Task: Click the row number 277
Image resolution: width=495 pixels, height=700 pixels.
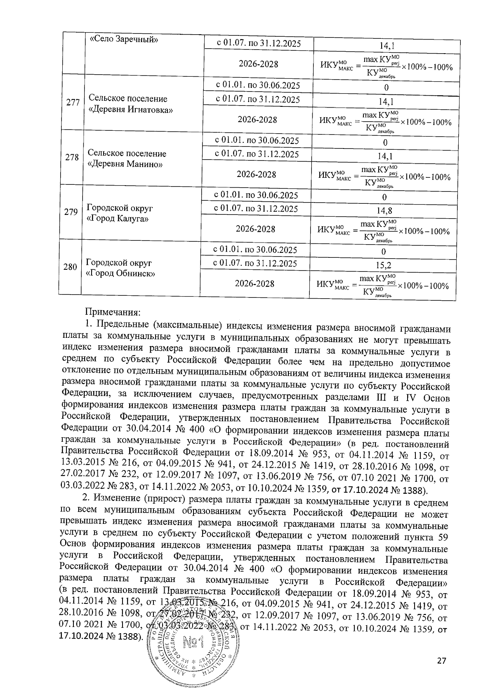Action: point(73,102)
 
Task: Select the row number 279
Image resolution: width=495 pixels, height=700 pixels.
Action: point(71,212)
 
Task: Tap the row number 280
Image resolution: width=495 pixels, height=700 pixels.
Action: point(70,267)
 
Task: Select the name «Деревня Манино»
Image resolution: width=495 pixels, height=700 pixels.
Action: point(125,164)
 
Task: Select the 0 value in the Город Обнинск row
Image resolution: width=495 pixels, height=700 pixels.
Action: point(384,252)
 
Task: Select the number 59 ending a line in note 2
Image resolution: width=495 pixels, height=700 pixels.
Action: point(442,537)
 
